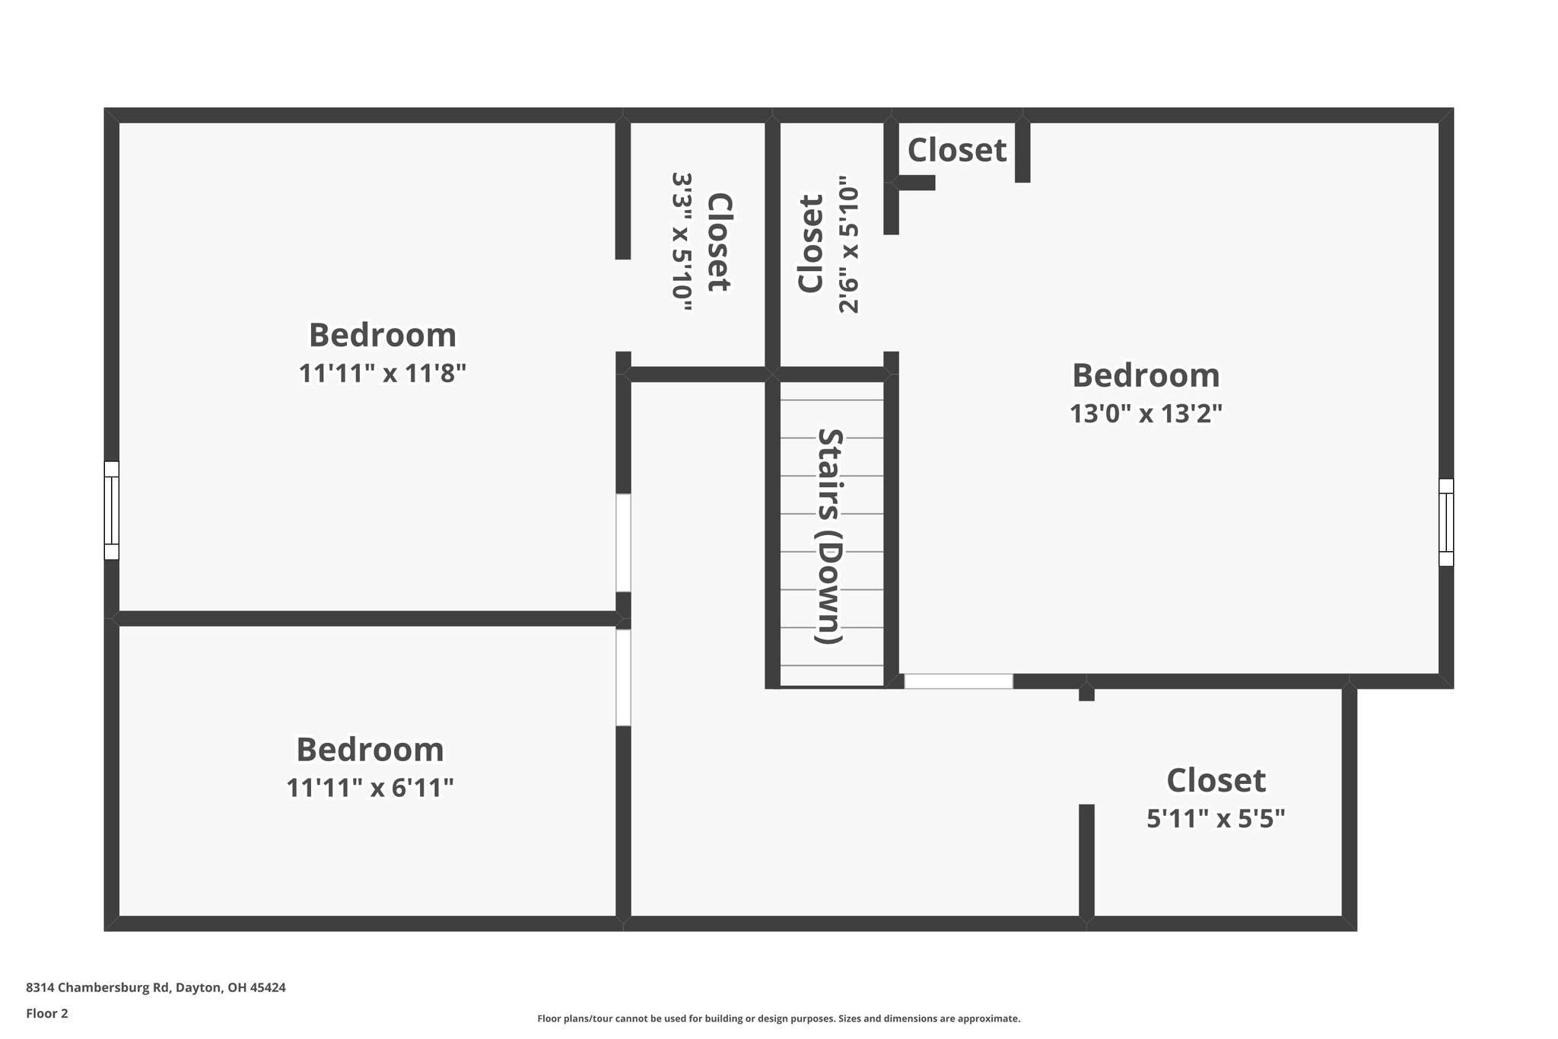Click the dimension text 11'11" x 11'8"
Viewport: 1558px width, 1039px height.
click(x=382, y=374)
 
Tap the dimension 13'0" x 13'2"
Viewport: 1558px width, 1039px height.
click(x=1146, y=413)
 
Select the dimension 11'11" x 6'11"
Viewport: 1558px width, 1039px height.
click(x=370, y=788)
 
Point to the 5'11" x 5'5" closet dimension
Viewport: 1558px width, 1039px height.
click(x=1216, y=819)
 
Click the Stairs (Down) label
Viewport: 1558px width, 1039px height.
click(x=830, y=536)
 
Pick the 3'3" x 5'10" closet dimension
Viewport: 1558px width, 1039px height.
click(x=682, y=242)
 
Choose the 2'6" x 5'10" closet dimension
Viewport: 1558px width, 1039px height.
click(x=848, y=245)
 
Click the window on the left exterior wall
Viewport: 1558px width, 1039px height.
click(x=111, y=510)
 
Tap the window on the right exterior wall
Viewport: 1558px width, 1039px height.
click(x=1445, y=522)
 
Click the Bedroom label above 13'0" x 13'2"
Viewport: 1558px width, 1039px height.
click(x=1146, y=375)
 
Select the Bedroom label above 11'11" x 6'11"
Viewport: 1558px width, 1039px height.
click(x=370, y=750)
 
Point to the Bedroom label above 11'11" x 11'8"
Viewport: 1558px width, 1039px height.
click(x=382, y=336)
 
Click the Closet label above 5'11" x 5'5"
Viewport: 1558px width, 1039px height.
click(x=1216, y=781)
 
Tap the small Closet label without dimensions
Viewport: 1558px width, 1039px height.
click(x=957, y=151)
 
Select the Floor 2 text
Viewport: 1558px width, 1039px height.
click(x=47, y=1013)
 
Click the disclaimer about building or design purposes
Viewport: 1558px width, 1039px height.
click(x=778, y=1018)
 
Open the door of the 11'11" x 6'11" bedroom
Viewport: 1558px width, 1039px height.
click(x=623, y=677)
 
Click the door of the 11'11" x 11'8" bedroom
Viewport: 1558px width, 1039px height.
click(x=623, y=543)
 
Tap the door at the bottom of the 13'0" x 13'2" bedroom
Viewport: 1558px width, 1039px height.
click(x=959, y=681)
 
